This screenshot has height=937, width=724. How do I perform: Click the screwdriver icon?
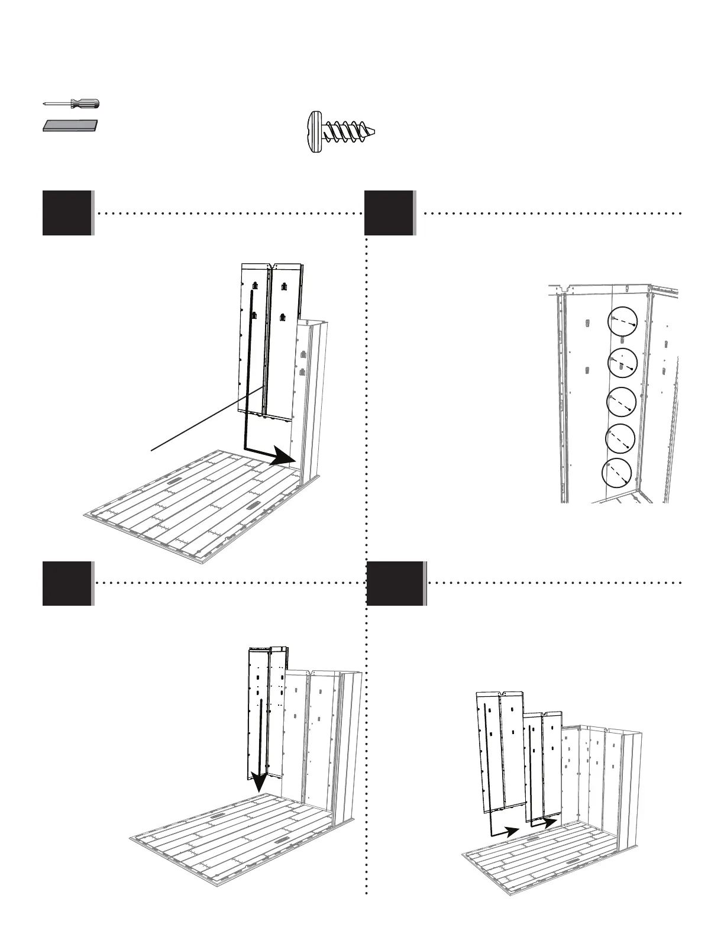click(71, 104)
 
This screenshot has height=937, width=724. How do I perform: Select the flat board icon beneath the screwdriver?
click(70, 126)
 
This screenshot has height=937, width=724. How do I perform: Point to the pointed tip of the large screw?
click(373, 131)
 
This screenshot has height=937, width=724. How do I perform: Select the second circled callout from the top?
click(623, 363)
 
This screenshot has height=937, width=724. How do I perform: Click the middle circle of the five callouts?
click(622, 402)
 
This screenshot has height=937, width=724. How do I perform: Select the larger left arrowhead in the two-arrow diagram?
click(510, 831)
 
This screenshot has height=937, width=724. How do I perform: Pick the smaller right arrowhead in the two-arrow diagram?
click(550, 822)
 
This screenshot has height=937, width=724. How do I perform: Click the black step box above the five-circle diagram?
click(389, 213)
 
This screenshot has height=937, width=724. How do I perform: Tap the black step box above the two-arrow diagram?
click(395, 583)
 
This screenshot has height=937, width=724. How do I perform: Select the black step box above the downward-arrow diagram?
click(67, 583)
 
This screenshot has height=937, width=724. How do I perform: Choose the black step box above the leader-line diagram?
click(67, 213)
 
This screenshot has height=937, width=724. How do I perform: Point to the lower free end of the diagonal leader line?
click(152, 451)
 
